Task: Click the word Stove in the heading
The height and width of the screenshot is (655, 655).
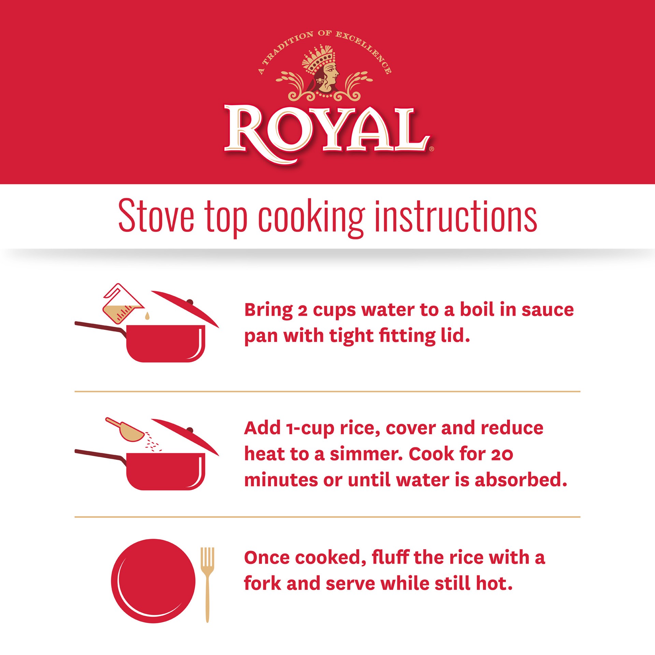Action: point(156,216)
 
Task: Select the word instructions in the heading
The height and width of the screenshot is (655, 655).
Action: point(455,216)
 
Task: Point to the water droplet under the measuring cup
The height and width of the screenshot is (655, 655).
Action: point(147,316)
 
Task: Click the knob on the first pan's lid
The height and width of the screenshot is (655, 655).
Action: point(190,302)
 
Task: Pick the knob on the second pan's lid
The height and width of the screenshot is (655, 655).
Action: point(190,430)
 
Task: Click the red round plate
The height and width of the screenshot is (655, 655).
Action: point(153,581)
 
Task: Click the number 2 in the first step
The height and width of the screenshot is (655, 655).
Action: point(302,310)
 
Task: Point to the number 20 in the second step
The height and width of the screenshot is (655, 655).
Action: point(502,454)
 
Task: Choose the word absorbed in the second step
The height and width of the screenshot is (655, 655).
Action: point(521,480)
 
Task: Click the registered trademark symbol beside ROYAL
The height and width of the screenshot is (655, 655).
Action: point(432,149)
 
